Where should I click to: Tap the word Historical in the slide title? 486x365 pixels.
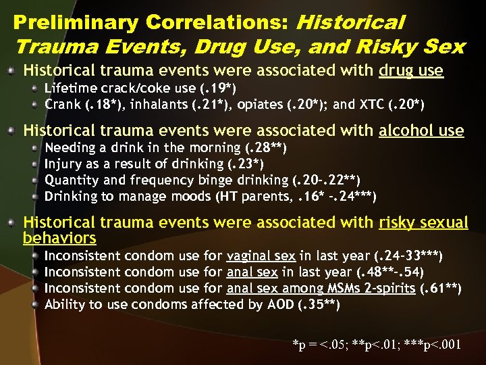coord(350,22)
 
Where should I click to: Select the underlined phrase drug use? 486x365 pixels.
coord(411,71)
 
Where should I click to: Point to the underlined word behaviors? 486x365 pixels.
coord(59,238)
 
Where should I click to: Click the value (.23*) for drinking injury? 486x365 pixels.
coord(242,164)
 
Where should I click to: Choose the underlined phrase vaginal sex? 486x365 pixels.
coord(261,256)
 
